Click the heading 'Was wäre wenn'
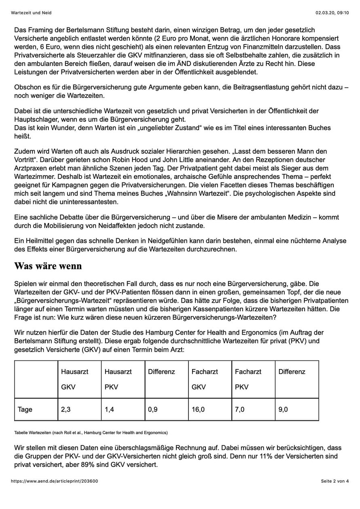tap(48, 266)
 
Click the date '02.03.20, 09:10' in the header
tap(332, 13)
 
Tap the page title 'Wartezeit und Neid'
tap(31, 13)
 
